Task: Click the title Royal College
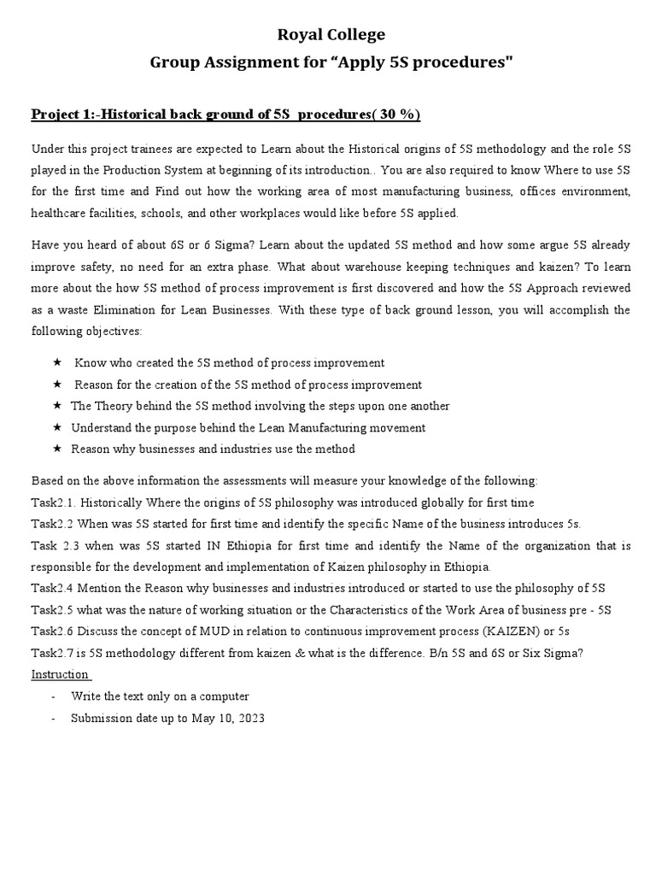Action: pyautogui.click(x=328, y=34)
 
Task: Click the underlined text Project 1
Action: pyautogui.click(x=67, y=115)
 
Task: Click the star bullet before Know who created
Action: pyautogui.click(x=57, y=363)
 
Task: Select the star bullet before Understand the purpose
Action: pyautogui.click(x=57, y=427)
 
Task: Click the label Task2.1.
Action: pyautogui.click(x=54, y=502)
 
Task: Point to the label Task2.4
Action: pyautogui.click(x=54, y=588)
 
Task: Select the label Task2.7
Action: pyautogui.click(x=54, y=653)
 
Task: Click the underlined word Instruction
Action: pyautogui.click(x=60, y=674)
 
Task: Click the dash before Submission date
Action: pyautogui.click(x=53, y=719)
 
